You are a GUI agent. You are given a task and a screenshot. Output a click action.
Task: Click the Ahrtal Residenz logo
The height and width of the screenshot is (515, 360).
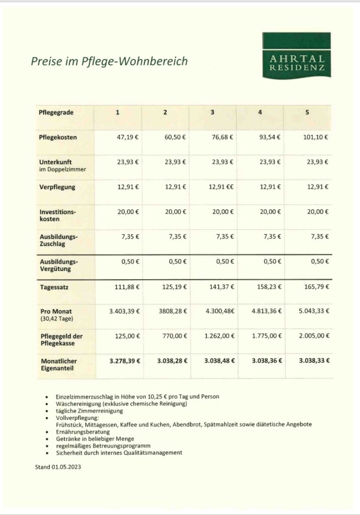click(296, 55)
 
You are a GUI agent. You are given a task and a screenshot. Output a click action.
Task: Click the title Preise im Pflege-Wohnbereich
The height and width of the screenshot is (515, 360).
click(109, 61)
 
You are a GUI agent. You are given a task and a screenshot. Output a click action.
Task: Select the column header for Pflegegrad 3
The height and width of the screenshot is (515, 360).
click(212, 113)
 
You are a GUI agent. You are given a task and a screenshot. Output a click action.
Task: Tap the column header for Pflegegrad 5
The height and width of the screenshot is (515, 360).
click(307, 113)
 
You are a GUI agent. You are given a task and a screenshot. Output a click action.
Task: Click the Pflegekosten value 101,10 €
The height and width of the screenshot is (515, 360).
click(316, 137)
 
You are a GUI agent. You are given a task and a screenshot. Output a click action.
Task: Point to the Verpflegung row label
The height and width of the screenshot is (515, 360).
click(57, 187)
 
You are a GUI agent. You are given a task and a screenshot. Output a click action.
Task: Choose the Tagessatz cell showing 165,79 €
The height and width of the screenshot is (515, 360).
click(316, 287)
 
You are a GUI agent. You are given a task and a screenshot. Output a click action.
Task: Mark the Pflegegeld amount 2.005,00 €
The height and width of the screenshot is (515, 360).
click(314, 336)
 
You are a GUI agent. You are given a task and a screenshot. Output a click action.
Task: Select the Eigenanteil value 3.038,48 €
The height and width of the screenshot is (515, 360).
click(219, 361)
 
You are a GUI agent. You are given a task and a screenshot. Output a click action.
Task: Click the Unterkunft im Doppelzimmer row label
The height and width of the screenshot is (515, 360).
click(62, 165)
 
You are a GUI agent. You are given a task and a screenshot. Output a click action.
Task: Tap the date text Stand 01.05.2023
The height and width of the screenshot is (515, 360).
click(58, 467)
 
